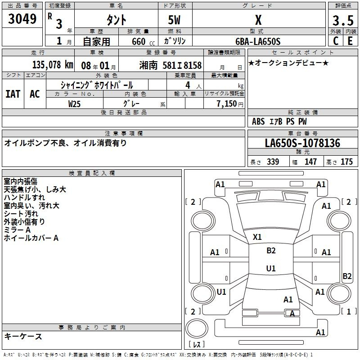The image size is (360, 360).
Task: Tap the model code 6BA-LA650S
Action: [x=258, y=41]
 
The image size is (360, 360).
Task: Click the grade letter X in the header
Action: [x=258, y=20]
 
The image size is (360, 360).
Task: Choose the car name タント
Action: [x=116, y=20]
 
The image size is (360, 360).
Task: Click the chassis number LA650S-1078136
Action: [x=302, y=144]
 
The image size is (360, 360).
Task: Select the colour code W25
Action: [x=75, y=103]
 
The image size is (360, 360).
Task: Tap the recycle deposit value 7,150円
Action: [x=229, y=103]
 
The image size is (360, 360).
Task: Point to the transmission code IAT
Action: [x=13, y=94]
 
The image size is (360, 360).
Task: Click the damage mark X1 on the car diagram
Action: [x=257, y=237]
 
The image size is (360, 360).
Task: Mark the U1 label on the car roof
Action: [x=270, y=268]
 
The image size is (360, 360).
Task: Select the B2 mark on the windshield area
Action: [x=271, y=251]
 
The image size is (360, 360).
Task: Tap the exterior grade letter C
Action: [x=335, y=41]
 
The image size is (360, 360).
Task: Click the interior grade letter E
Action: [x=350, y=41]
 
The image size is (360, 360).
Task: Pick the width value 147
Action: [x=310, y=162]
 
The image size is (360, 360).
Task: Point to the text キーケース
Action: [x=23, y=337]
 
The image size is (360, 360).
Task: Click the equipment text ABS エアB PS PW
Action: [x=279, y=121]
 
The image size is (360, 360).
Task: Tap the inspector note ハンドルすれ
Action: [x=24, y=198]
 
